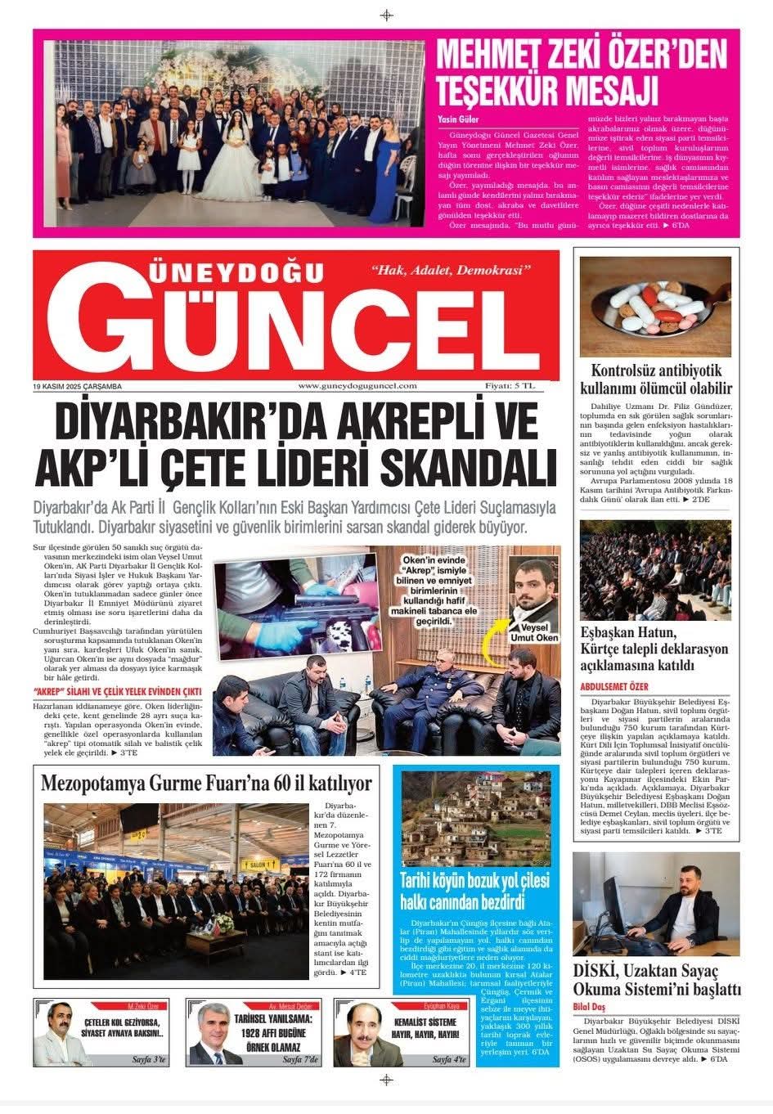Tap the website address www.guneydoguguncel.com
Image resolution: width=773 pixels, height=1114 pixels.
coord(357,386)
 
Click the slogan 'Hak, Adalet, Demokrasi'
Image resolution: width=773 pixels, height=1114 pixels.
coord(451,270)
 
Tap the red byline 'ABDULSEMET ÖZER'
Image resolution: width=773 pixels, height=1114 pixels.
coord(614,686)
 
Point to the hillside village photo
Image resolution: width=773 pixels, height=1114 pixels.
coord(476,818)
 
